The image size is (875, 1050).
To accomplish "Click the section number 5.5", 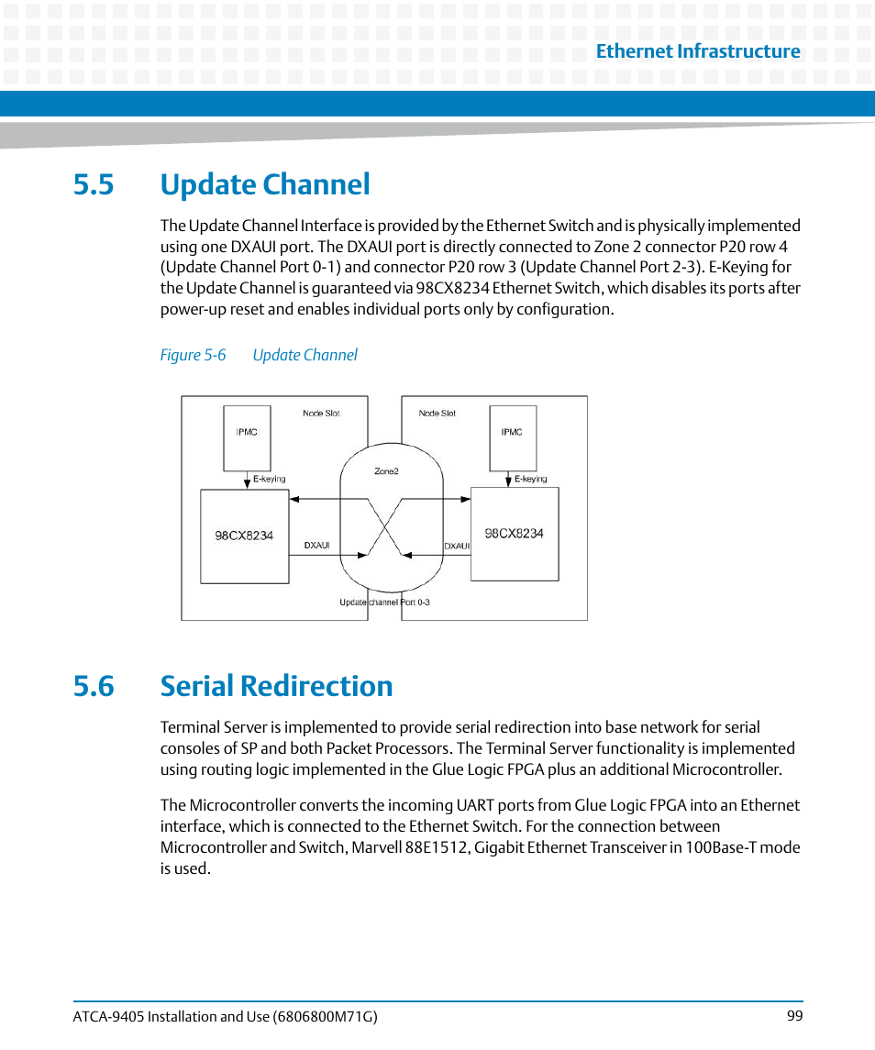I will coord(94,184).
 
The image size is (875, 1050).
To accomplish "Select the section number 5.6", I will coord(94,686).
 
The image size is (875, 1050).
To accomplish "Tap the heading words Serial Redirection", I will coord(276,686).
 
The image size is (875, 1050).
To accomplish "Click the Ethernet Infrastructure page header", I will coord(697,51).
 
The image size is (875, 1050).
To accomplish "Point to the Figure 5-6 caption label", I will coord(193,355).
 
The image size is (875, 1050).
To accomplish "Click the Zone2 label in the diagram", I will coord(386,471).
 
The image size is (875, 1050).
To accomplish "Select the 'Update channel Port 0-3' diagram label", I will coord(384,602).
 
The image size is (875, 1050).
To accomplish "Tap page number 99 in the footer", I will coord(794,1016).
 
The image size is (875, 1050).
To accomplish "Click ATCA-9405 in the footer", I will coord(106,1016).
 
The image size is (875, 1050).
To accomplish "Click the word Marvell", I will coord(376,847).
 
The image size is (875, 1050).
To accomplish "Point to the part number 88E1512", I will coord(435,847).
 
